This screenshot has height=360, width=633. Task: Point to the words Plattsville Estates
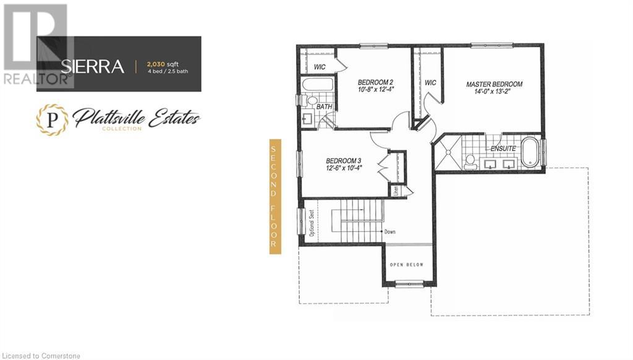[x=137, y=116]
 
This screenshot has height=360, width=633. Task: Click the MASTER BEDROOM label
[x=494, y=84]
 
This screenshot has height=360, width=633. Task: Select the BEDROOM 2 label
[x=376, y=82]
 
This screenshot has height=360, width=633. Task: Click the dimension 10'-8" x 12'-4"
[x=376, y=90]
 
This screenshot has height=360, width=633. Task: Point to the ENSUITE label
[x=503, y=148]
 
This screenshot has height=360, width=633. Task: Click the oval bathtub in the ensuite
[x=529, y=154]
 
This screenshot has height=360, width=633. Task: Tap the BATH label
[x=325, y=107]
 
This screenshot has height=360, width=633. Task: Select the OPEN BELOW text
[x=406, y=265]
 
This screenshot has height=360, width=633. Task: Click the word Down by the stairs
[x=389, y=232]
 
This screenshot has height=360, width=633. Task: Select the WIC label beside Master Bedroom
[x=431, y=83]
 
